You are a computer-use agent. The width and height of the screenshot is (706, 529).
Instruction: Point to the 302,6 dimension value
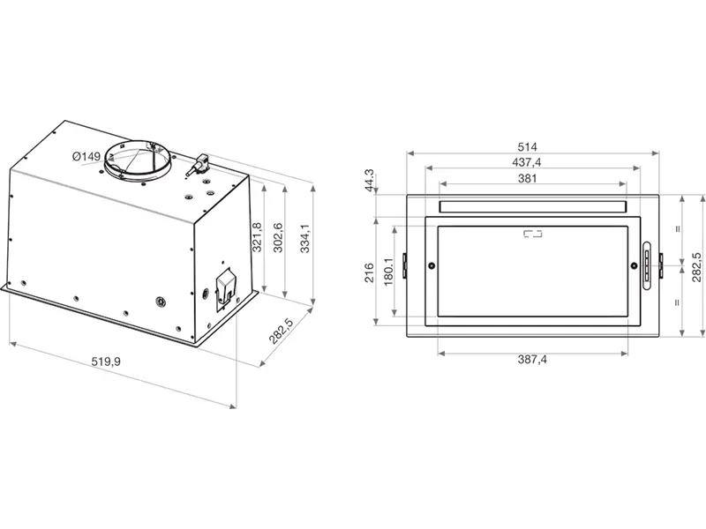(277, 237)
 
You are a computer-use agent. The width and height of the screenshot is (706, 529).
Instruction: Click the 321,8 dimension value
(256, 237)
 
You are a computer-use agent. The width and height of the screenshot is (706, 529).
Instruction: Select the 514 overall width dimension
(528, 146)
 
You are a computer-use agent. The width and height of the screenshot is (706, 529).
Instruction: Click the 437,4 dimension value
(528, 162)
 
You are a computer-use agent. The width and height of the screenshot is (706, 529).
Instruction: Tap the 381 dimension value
(528, 178)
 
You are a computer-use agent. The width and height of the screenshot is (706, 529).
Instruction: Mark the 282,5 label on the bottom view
(696, 267)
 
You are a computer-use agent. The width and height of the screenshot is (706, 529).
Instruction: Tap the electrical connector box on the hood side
(224, 287)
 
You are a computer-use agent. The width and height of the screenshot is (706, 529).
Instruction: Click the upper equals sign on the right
(678, 228)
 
